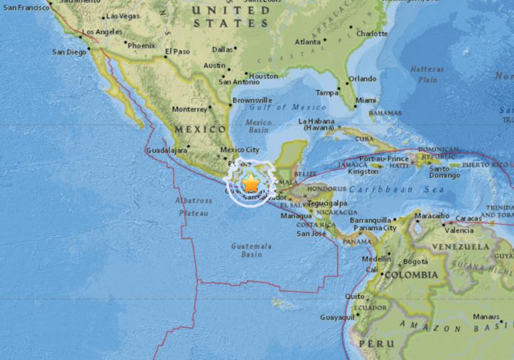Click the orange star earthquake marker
[250, 182]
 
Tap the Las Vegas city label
[122, 15]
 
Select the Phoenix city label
[141, 46]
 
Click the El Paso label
[177, 52]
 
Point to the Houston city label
[263, 76]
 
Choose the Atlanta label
[308, 41]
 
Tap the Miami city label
[366, 100]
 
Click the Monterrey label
[190, 109]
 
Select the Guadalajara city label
[166, 151]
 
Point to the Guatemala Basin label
[252, 250]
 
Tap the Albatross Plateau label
[193, 206]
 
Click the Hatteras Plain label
[427, 74]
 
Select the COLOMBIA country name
[410, 274]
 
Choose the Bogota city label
[415, 262]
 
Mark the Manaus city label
[486, 317]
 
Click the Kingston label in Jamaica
[363, 171]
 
